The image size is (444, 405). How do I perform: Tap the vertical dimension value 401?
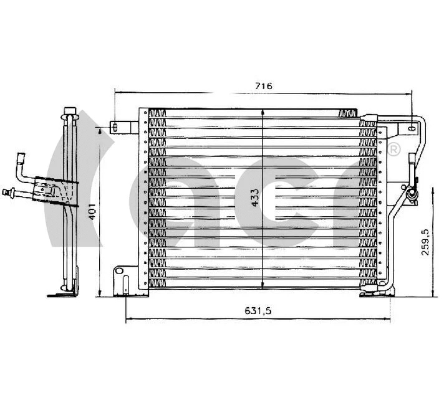click(x=91, y=212)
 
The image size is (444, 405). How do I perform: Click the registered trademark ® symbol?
click(x=394, y=150)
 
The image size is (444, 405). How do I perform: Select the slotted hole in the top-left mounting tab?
click(x=115, y=127)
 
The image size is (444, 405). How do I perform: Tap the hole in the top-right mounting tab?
click(x=411, y=128)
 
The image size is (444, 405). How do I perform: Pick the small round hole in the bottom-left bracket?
click(x=118, y=272)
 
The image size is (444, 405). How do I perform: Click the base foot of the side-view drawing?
click(x=66, y=293)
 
